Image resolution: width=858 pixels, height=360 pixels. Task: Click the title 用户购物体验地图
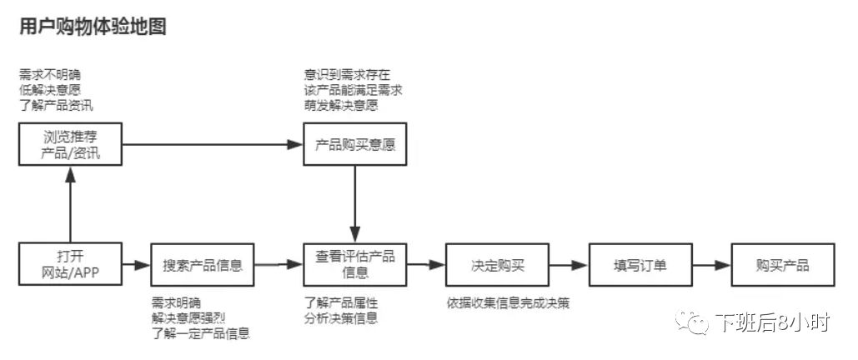pos(93,26)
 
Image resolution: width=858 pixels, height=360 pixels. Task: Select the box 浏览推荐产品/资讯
pos(70,145)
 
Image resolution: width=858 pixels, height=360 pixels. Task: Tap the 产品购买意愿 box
pos(355,145)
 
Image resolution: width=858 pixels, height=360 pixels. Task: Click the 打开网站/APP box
pos(70,265)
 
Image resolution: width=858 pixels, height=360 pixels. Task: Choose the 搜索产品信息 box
pos(203,265)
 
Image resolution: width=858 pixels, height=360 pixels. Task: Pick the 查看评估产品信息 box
pos(355,265)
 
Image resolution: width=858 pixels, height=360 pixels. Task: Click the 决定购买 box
pos(498,265)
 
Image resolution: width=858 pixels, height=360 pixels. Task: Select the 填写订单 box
pos(640,265)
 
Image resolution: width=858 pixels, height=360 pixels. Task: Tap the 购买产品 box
pos(782,265)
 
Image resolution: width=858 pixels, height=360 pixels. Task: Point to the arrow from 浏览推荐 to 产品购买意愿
pos(213,145)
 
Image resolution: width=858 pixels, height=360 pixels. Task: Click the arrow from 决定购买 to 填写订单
pos(569,266)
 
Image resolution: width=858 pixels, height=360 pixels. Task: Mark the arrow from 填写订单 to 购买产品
pos(711,266)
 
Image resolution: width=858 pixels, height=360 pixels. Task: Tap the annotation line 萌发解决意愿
pos(341,106)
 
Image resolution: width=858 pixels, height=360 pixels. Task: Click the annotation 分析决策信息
pos(341,317)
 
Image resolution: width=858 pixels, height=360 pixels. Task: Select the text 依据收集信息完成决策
pos(508,302)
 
